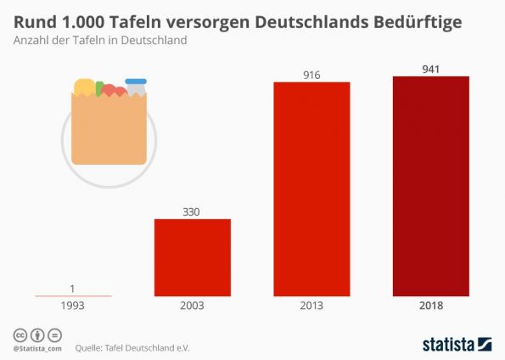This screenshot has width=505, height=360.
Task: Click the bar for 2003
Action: pos(192,257)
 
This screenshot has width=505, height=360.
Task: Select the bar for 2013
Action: pos(311,188)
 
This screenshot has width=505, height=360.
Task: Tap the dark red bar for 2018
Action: pos(430,186)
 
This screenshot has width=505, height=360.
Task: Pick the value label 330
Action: pos(192,211)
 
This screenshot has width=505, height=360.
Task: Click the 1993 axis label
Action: pos(73,306)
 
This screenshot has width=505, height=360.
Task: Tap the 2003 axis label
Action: pos(192,306)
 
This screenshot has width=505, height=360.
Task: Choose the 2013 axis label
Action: pos(311,306)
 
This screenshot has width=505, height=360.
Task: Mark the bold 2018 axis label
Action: pos(430,306)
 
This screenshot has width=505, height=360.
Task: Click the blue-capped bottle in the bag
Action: pos(136,87)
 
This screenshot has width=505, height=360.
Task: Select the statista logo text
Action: pos(449,344)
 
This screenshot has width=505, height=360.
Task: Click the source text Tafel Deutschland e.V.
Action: pos(133,346)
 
